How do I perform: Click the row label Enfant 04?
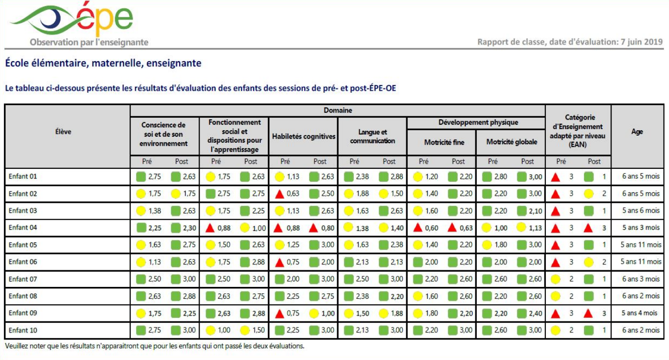point(23,228)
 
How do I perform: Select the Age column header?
point(637,132)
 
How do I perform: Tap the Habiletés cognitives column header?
point(303,136)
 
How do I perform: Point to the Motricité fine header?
point(444,142)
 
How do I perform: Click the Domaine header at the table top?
point(338,110)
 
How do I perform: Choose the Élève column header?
point(63,132)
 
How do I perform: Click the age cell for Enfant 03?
point(640,211)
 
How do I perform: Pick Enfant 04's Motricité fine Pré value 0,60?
point(431,228)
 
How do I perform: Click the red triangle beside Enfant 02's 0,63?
point(280,194)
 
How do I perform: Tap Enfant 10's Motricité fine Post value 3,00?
point(466,330)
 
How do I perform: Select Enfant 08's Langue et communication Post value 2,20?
point(397,296)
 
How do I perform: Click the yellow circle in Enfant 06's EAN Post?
point(588,262)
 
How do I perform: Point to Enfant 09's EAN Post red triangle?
point(588,314)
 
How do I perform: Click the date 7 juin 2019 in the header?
point(641,42)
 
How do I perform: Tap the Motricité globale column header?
point(511,142)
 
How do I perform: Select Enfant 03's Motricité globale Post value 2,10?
point(535,211)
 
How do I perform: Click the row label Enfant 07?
point(23,279)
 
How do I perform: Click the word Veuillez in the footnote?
point(17,346)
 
